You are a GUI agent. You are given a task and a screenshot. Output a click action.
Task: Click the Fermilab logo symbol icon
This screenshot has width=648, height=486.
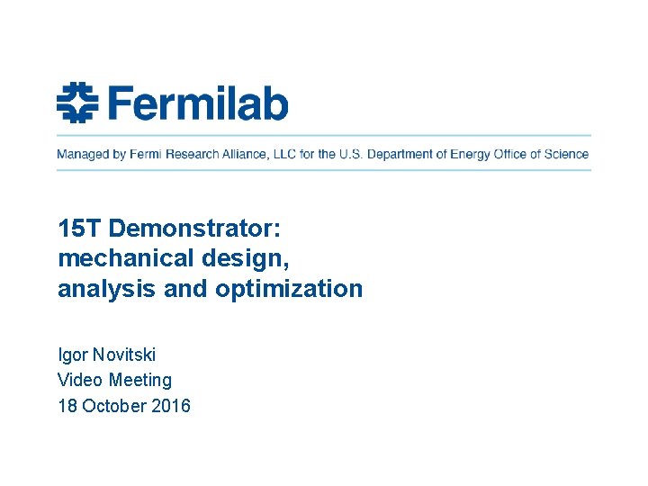(76, 102)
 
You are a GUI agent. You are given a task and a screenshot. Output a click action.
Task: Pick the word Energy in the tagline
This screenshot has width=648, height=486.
(469, 154)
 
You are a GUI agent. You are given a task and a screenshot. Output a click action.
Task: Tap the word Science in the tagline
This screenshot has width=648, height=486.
(566, 154)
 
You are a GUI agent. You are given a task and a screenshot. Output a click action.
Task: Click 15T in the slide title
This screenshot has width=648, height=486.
(75, 228)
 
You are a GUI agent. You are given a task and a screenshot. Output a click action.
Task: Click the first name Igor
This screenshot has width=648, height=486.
(72, 355)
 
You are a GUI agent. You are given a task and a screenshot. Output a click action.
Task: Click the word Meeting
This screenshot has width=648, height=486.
(140, 381)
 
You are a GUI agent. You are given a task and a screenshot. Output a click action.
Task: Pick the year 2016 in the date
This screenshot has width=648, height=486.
(171, 406)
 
